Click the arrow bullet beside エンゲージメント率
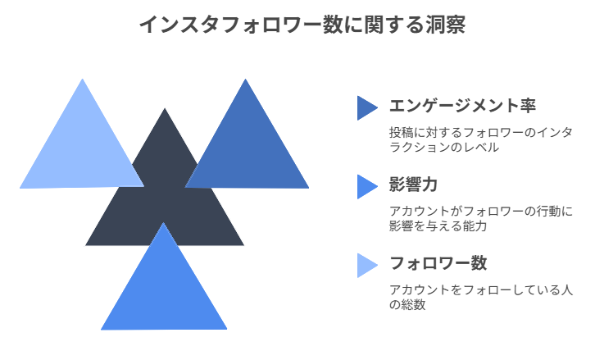[x=366, y=107]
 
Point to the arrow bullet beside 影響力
[x=366, y=186]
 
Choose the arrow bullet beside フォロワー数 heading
[x=366, y=265]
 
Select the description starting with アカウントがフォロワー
[x=480, y=218]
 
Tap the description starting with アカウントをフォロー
[x=480, y=297]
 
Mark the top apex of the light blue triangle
[x=82, y=80]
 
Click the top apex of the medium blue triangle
[x=244, y=80]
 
